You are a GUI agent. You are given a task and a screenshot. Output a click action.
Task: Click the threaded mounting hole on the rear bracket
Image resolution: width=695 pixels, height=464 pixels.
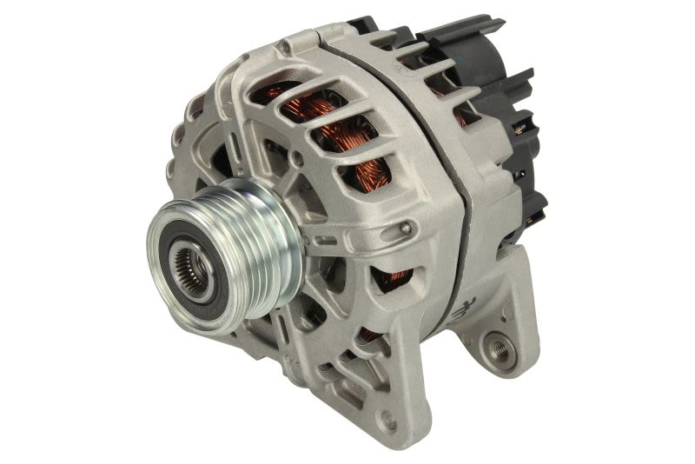(500, 348)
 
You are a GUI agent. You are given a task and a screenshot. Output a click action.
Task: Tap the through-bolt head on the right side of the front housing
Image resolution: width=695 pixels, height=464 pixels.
(406, 229)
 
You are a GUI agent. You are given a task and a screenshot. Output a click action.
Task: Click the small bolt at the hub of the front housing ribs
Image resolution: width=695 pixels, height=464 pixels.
(298, 159)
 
